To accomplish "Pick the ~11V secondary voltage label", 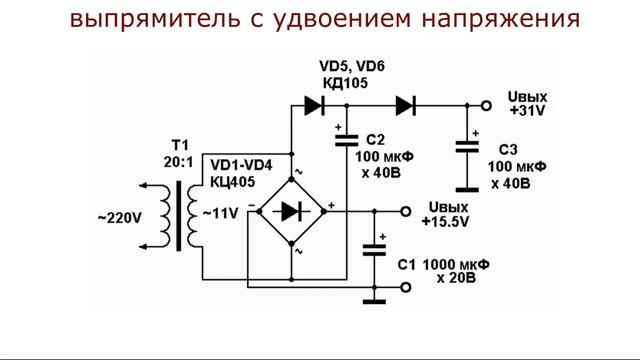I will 220,214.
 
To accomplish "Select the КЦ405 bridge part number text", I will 231,181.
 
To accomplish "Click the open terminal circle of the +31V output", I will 485,105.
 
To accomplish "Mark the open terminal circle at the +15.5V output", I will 406,212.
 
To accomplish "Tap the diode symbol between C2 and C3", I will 405,105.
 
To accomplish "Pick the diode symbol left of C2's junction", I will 315,105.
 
